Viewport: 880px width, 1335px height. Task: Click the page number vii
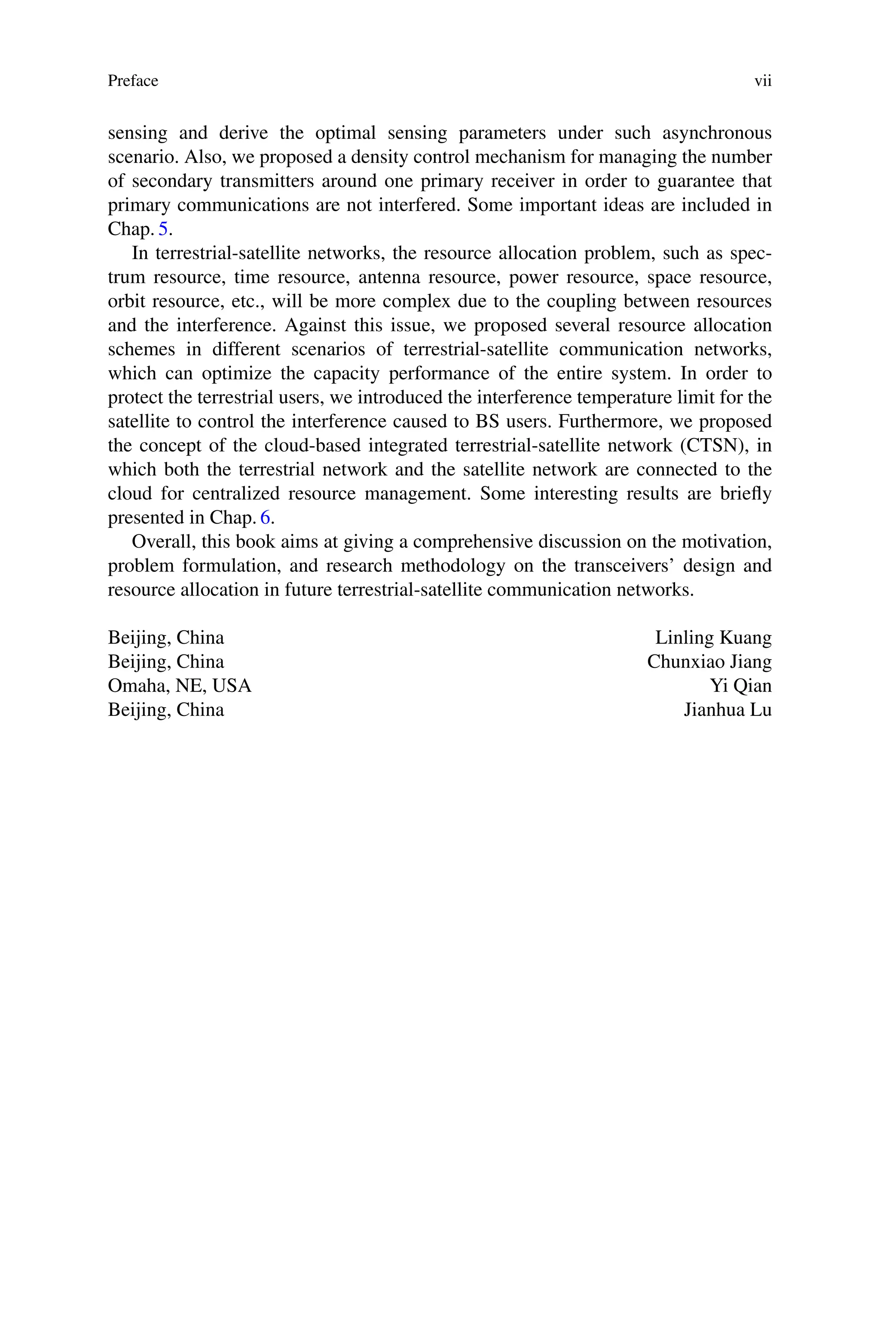point(763,81)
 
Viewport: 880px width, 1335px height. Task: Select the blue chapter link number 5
point(163,229)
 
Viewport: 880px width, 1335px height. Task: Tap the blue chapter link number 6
point(265,517)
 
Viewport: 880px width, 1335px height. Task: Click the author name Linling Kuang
point(713,638)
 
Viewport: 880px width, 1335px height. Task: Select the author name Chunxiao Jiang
point(709,662)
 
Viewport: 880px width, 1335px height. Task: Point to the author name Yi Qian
point(740,686)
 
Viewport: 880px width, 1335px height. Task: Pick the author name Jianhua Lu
point(727,710)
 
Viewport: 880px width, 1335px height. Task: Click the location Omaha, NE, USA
point(180,686)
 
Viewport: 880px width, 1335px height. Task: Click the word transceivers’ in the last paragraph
point(622,565)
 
